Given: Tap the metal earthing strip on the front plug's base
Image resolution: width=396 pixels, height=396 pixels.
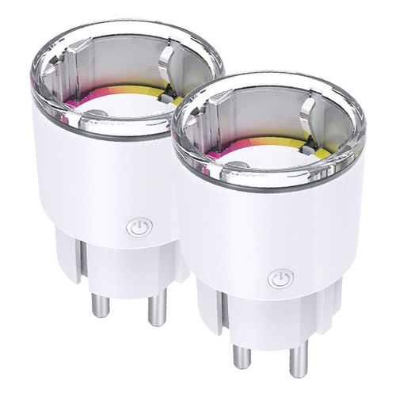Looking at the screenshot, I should (215, 310).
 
